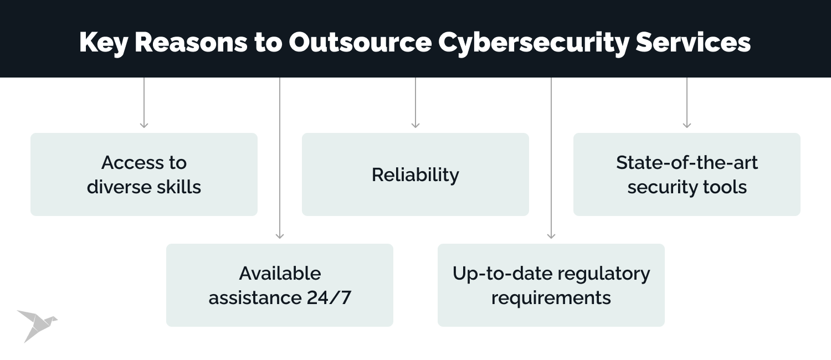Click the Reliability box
point(416,174)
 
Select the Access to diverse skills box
point(144,174)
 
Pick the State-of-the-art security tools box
point(687,174)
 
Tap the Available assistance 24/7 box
point(280,285)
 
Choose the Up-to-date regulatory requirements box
point(551,285)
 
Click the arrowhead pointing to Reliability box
point(416,125)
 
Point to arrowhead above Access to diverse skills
point(144,125)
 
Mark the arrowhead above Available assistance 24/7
point(280,236)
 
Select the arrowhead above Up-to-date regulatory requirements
point(551,236)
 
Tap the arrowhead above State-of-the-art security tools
point(687,125)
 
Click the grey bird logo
point(36,325)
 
